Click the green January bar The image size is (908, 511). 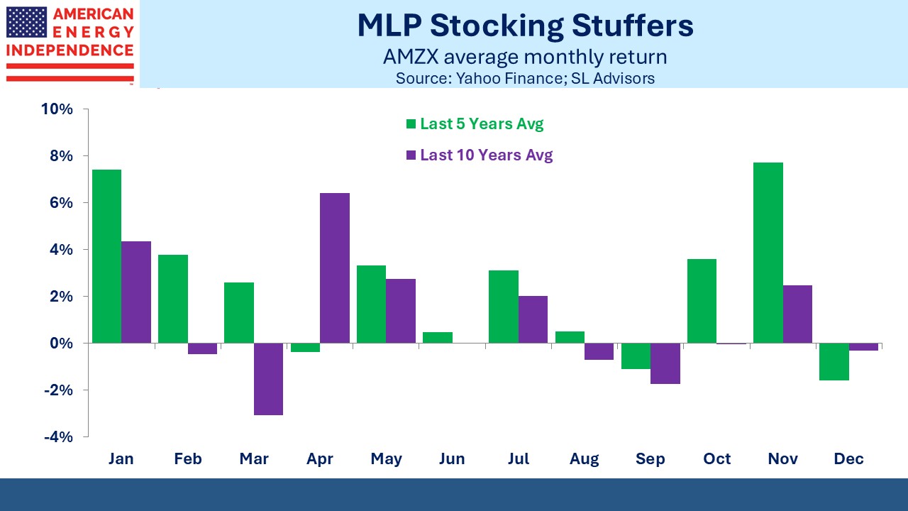[106, 256]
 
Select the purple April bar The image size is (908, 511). [335, 268]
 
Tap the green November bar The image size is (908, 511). [768, 253]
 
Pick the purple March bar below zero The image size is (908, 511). [269, 379]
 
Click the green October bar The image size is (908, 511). [702, 301]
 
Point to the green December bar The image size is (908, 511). [834, 361]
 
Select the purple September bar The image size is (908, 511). [665, 363]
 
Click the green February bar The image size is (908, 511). [173, 299]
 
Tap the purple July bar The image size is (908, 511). [533, 319]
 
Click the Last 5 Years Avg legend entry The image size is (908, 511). [474, 124]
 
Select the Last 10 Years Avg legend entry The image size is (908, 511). [478, 155]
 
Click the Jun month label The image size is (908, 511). [452, 459]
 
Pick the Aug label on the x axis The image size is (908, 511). [584, 459]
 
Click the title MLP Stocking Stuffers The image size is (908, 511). [525, 26]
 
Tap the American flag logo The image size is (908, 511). [27, 22]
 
